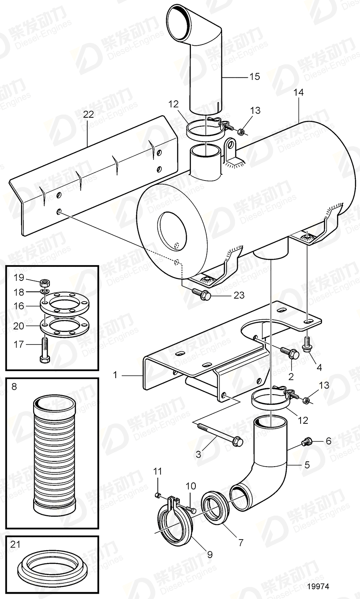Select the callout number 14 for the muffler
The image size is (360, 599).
[299, 92]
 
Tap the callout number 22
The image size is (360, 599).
[88, 115]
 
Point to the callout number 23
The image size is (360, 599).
[239, 295]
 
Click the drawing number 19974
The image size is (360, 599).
[319, 586]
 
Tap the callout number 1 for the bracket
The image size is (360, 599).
[115, 375]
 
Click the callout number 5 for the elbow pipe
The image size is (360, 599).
[307, 465]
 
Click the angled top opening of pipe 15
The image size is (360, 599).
[180, 17]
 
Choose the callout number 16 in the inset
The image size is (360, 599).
[19, 306]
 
